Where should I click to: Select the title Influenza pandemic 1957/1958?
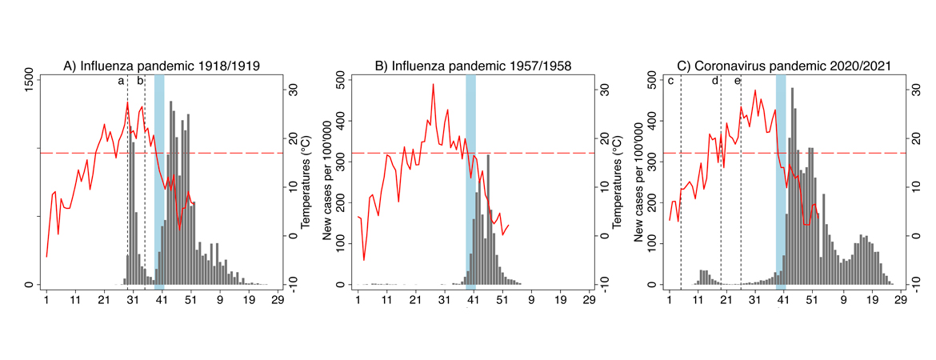473,66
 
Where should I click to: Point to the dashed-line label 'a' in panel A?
121,81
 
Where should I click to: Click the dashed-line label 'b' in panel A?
139,81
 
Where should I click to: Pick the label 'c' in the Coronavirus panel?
670,81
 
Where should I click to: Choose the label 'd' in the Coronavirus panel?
715,81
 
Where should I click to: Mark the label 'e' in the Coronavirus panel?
737,81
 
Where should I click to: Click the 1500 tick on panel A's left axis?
30,81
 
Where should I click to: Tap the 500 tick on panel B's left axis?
341,81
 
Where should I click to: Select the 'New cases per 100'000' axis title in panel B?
326,183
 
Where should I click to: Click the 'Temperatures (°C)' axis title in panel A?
305,183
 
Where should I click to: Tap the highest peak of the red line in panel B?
434,84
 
